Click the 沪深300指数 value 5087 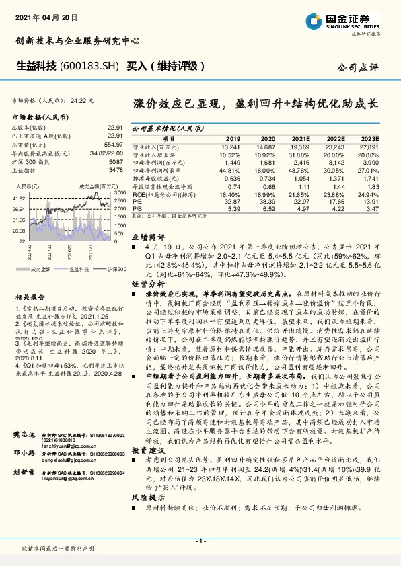pos(115,163)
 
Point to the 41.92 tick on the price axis pos(20,199)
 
